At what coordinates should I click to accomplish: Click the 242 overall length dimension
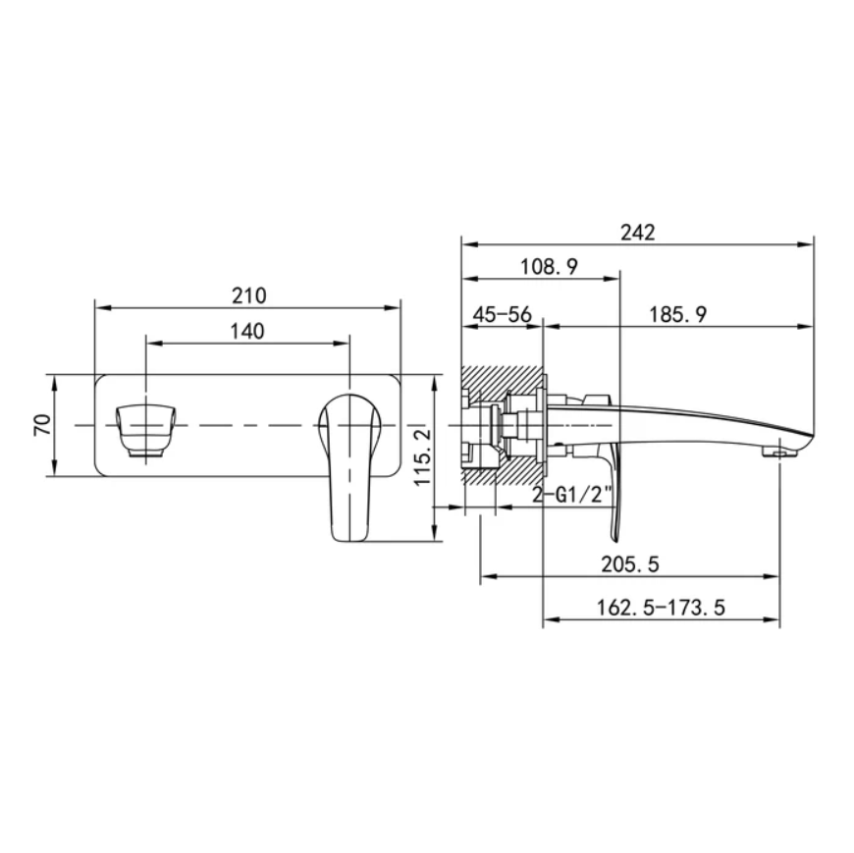tap(638, 233)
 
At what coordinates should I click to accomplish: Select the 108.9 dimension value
tap(549, 267)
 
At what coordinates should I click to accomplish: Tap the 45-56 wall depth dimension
tap(502, 314)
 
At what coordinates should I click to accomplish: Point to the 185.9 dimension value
tap(678, 314)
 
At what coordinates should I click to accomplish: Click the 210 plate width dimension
tap(249, 295)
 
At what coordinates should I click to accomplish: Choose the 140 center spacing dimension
tap(247, 331)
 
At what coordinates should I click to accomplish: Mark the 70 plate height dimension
tap(43, 424)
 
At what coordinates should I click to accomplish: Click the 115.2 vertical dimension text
tap(423, 456)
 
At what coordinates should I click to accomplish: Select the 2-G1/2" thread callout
tap(572, 495)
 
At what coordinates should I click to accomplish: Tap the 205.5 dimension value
tap(630, 564)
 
